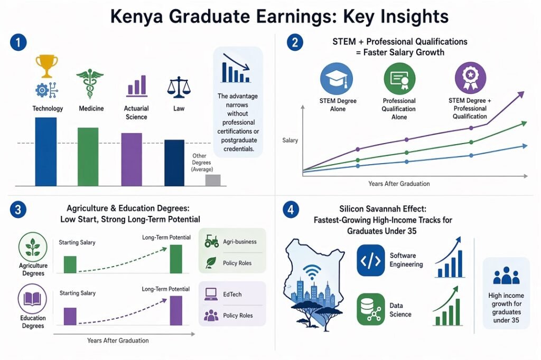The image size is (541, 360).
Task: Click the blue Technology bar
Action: click(45, 151)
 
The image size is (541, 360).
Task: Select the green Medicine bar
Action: click(88, 157)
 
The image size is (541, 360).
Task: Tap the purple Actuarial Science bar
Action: click(132, 159)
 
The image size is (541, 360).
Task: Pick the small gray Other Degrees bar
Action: click(212, 180)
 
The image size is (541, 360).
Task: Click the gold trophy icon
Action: click(46, 66)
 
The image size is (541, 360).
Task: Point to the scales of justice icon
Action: click(178, 88)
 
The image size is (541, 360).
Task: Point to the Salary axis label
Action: click(290, 140)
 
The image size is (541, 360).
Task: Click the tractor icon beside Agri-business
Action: click(211, 242)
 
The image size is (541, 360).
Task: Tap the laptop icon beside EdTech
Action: click(211, 294)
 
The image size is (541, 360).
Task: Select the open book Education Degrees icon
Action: click(33, 299)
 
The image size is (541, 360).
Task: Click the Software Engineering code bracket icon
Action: click(370, 260)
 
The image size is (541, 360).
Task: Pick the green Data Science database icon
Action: click(370, 309)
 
